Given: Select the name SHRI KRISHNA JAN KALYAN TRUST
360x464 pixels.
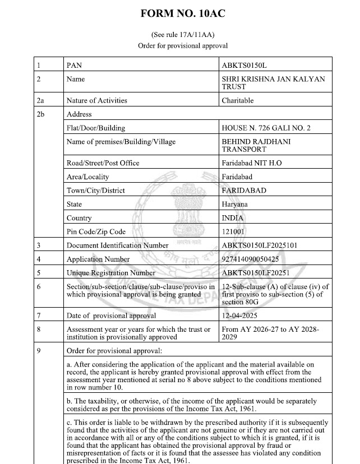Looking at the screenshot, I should point(273,83).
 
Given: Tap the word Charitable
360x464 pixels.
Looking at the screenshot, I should point(238,101).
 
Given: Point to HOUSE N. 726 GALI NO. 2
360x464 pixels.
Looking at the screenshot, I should point(266,128).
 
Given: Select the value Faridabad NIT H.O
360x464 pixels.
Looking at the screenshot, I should point(252,163).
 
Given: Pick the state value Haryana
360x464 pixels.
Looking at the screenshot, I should point(235,205).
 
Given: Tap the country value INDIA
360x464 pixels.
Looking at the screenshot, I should point(233,218).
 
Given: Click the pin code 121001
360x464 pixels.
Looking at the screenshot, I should point(234,231).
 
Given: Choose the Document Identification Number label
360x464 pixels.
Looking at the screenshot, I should point(117,245).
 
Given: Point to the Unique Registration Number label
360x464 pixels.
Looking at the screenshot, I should point(110,273).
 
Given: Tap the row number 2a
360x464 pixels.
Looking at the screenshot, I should point(40,101).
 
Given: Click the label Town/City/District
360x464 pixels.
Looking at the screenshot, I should point(95,191).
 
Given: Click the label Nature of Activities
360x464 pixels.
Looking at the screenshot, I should point(96,101).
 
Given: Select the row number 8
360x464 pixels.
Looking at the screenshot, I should point(39,330).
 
